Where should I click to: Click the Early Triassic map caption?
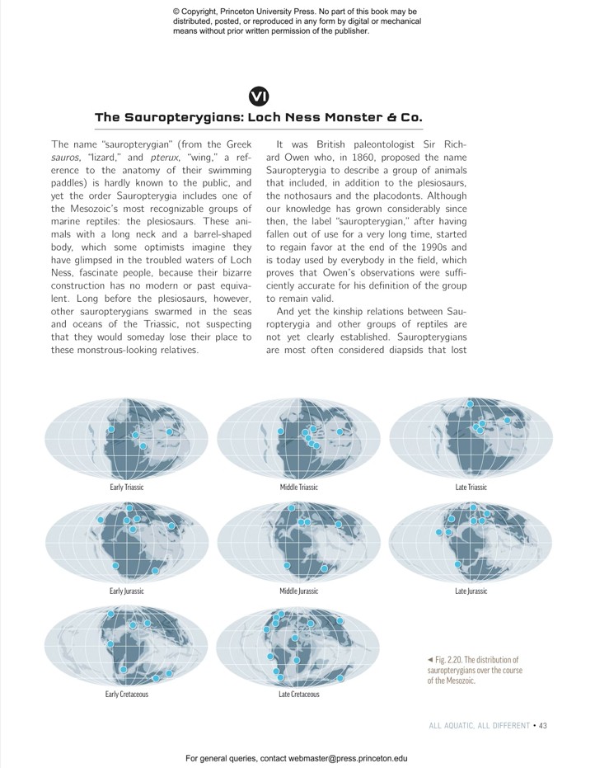tap(127, 488)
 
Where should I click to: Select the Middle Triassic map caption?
tap(298, 488)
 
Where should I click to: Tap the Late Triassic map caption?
tap(471, 488)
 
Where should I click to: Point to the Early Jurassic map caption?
tap(127, 591)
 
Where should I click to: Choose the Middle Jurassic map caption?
tap(298, 591)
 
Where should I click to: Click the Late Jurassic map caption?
tap(471, 591)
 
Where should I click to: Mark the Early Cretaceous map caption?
tap(127, 695)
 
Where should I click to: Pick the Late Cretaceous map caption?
tap(298, 695)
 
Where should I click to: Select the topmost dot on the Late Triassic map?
tap(471, 404)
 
